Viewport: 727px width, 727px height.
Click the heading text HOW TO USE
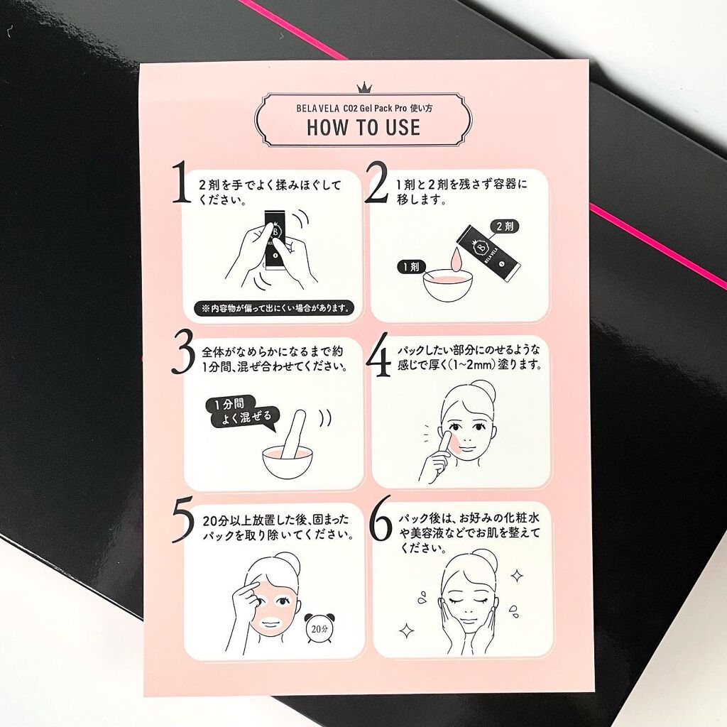point(363,128)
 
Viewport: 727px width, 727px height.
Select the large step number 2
point(376,182)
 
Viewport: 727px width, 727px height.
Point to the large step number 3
point(182,353)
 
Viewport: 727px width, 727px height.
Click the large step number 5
point(182,523)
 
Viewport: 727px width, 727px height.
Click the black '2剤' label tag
point(505,226)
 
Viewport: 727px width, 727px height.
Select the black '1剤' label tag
point(411,267)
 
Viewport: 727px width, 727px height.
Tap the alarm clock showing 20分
point(319,628)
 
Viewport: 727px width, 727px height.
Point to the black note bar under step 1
point(273,308)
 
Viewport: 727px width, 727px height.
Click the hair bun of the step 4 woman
point(483,392)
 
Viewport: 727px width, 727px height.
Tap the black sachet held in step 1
point(275,240)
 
